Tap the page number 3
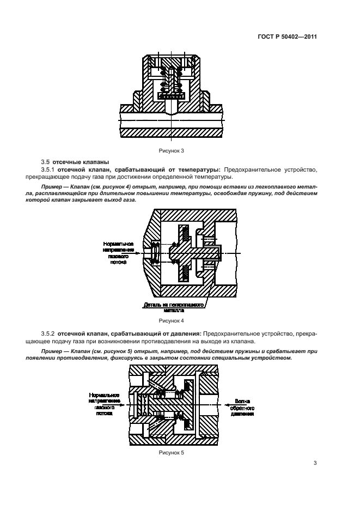point(315,463)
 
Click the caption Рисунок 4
point(171,321)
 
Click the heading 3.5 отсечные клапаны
point(74,162)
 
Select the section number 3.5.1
point(49,170)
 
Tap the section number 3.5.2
point(49,332)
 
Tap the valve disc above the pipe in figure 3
point(171,96)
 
